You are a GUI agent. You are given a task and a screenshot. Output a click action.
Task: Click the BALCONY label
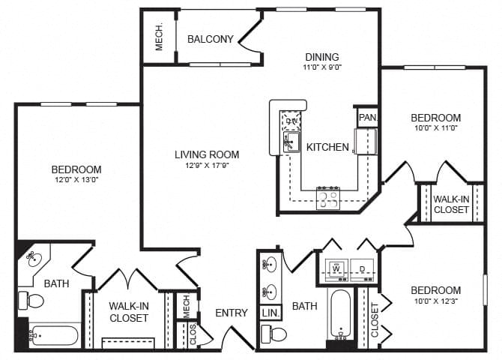(x=210, y=39)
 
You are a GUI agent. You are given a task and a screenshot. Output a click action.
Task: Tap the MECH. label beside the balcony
(x=160, y=38)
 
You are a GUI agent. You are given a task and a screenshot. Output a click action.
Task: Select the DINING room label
(x=322, y=57)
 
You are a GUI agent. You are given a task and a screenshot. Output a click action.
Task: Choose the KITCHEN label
(x=327, y=147)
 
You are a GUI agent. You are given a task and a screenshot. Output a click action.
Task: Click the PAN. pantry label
(x=367, y=118)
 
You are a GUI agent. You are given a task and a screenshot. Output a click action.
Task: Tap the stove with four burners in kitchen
(x=327, y=198)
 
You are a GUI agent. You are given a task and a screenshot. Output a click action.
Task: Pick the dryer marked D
(x=362, y=269)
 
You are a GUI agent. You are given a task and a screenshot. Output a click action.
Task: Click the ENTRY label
(x=231, y=313)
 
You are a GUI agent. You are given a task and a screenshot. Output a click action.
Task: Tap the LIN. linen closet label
(x=269, y=313)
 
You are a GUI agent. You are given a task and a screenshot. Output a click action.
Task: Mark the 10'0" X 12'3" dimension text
(x=435, y=301)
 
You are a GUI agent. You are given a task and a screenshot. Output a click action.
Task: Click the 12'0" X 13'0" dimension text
(x=76, y=181)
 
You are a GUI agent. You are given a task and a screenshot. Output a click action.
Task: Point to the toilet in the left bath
(x=31, y=301)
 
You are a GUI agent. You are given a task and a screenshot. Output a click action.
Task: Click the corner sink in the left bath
(x=33, y=259)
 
